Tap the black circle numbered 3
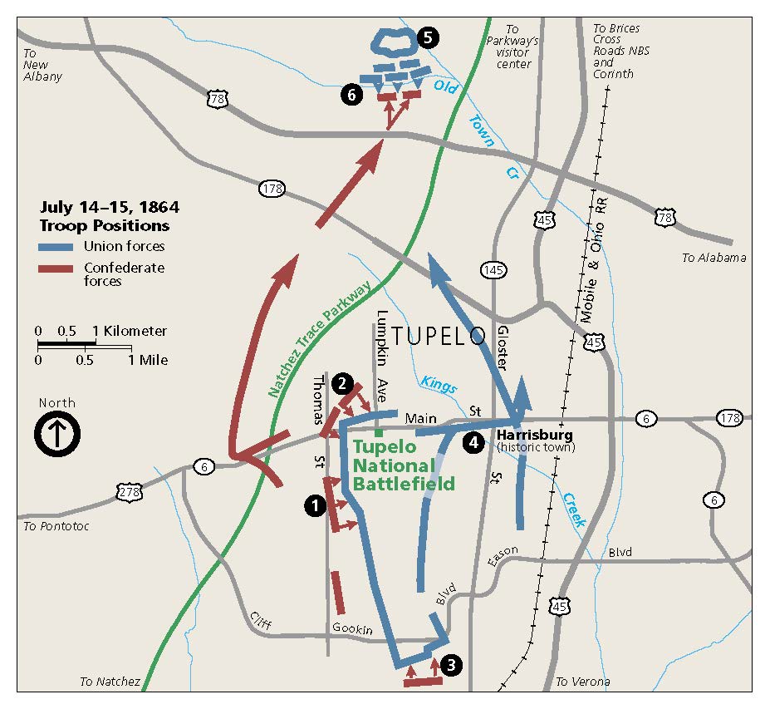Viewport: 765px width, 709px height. click(450, 665)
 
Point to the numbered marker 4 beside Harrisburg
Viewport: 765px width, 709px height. click(473, 442)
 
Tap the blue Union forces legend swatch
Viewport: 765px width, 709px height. click(57, 246)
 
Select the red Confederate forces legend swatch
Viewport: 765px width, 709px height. click(57, 268)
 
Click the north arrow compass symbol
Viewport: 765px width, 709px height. click(56, 435)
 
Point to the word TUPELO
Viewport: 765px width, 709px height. click(438, 337)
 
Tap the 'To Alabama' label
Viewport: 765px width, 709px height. click(714, 258)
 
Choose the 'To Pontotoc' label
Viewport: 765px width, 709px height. click(56, 526)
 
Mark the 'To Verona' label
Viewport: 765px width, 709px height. click(582, 682)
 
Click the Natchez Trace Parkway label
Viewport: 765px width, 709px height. click(321, 341)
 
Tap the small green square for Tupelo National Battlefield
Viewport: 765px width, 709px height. click(379, 432)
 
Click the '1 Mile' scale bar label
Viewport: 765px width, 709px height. click(149, 360)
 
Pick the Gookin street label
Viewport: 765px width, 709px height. click(352, 629)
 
